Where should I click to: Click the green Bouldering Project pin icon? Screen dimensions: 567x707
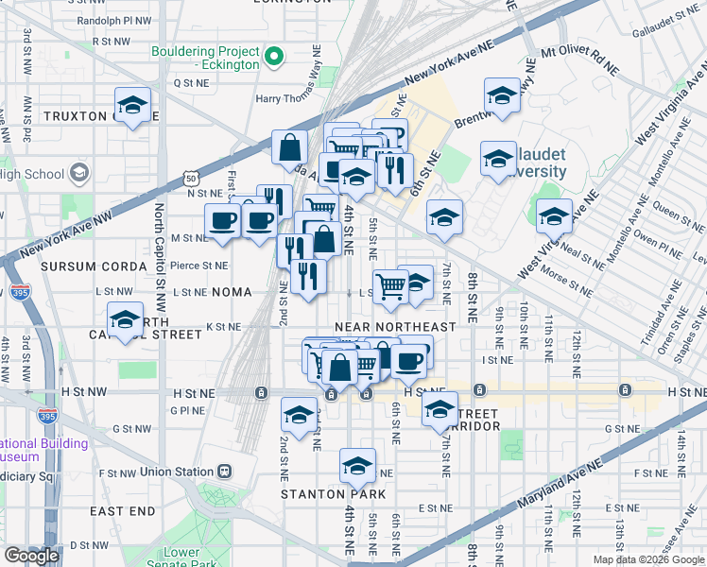[x=274, y=57]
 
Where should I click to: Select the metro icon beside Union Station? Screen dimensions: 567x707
[x=225, y=472]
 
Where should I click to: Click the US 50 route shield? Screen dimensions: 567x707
[x=192, y=177]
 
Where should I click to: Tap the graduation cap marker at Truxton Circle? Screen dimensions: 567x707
[x=133, y=106]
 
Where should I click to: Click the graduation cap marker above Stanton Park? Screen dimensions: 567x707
[x=356, y=467]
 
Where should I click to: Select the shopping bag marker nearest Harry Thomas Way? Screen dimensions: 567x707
[x=289, y=147]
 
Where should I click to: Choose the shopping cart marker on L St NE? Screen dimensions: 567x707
[x=390, y=286]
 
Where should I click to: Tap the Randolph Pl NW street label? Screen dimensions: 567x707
[x=115, y=20]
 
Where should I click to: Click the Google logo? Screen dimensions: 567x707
[x=31, y=555]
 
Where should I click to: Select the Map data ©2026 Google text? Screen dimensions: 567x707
[x=647, y=559]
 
